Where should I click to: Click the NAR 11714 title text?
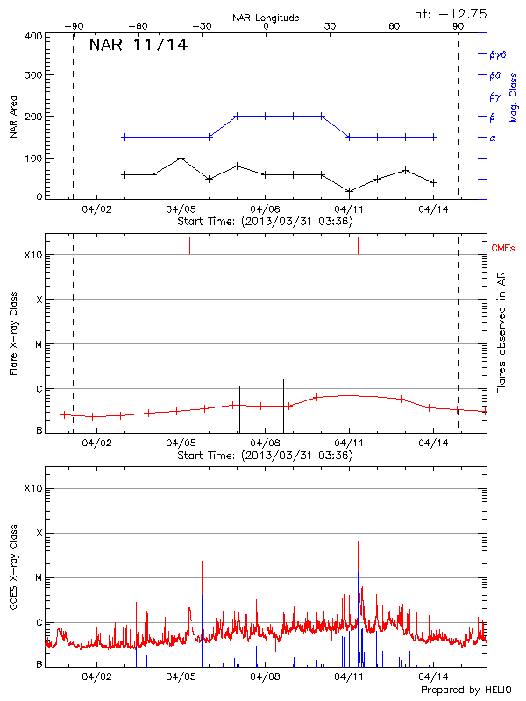[138, 46]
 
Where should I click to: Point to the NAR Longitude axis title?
[266, 18]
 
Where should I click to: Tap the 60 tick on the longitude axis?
[394, 27]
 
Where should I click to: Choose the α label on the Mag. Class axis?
[492, 138]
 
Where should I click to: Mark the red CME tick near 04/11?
[359, 245]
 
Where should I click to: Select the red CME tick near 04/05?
[189, 245]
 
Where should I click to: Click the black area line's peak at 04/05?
[181, 159]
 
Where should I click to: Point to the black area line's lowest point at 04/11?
[349, 191]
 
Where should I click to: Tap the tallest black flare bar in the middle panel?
[283, 394]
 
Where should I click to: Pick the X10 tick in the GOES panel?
[32, 487]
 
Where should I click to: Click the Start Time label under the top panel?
[265, 222]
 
